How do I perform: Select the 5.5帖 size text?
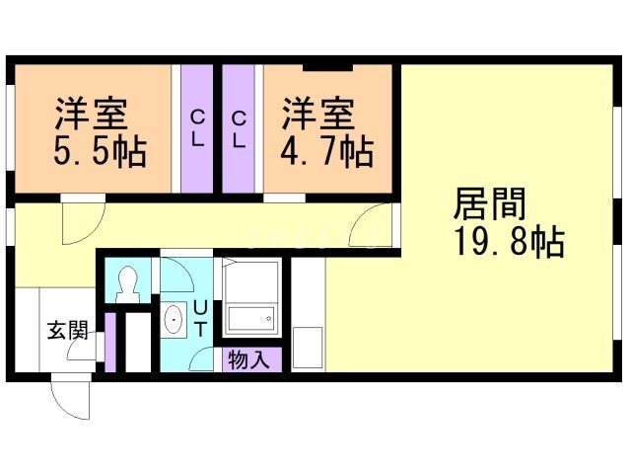[x=99, y=151]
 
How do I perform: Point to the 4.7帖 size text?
[x=327, y=151]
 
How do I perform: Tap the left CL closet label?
[x=197, y=128]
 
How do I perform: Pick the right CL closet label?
[x=240, y=128]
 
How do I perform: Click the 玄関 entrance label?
[x=66, y=330]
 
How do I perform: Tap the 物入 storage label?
[x=247, y=359]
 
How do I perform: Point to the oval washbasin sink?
[x=174, y=321]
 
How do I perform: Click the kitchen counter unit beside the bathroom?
[x=309, y=316]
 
